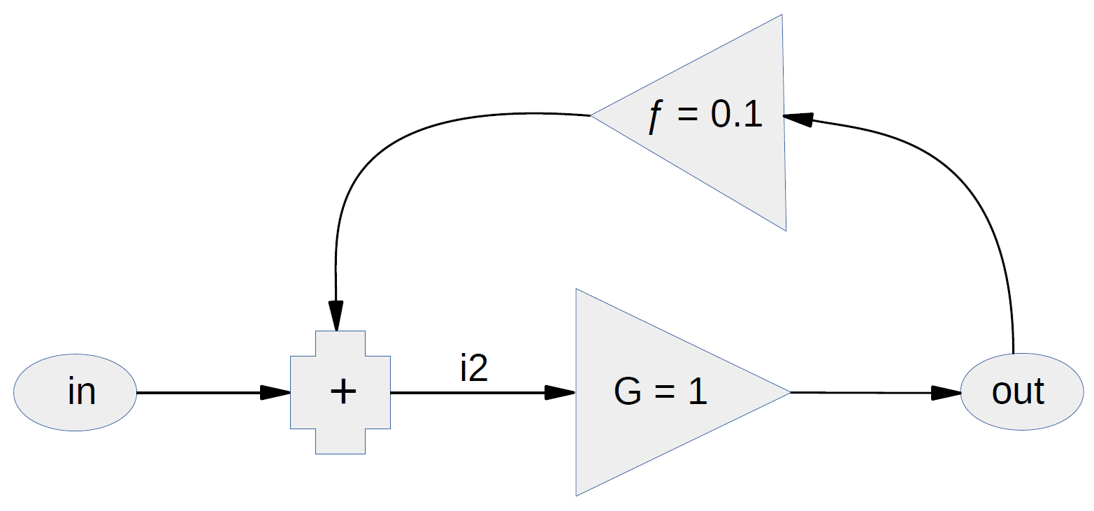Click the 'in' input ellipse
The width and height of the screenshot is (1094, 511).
[75, 392]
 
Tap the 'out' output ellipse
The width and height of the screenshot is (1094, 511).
[1021, 392]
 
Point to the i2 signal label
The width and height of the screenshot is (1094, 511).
[473, 368]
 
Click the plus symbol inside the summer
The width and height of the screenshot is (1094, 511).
[343, 392]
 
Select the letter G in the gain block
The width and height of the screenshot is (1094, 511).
[627, 392]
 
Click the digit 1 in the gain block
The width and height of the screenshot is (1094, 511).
[697, 392]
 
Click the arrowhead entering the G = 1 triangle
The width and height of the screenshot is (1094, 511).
[560, 392]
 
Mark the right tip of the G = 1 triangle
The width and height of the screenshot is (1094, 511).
[789, 392]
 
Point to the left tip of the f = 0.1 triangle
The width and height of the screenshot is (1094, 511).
[593, 115]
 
